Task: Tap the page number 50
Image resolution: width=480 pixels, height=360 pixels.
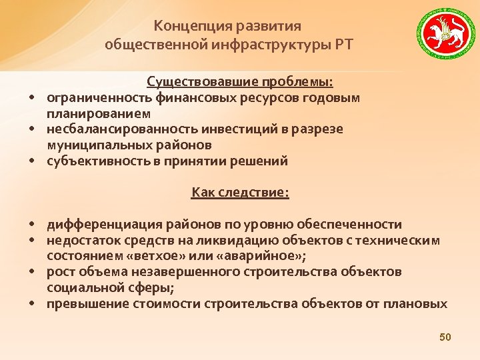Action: click(x=445, y=338)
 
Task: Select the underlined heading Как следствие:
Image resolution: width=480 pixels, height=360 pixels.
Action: click(x=240, y=193)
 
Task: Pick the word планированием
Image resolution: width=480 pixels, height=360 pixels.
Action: click(x=89, y=113)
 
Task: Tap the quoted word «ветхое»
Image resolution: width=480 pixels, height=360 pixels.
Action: click(x=157, y=256)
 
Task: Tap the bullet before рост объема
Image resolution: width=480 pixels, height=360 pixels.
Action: click(x=32, y=273)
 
